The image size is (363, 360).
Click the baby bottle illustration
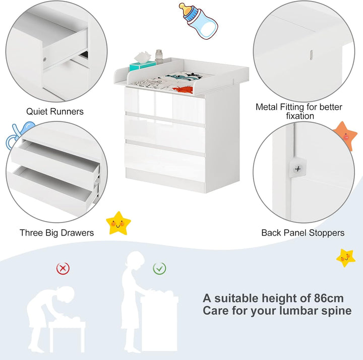pos(199,21)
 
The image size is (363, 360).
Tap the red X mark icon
pos(63,268)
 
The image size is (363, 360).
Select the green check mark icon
pos(159,268)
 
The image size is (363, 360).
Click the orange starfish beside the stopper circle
pos(345,136)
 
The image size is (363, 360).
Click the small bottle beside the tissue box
pos(159,56)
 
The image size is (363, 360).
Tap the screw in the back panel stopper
pos(298,169)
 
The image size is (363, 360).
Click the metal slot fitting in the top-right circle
pos(312,55)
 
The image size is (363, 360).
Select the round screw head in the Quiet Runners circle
pos(45,59)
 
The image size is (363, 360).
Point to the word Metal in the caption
pos(267,107)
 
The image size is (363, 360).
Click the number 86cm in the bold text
pos(329,298)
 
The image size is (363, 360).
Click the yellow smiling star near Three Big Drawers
pos(118,223)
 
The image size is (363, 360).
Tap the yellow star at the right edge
pos(346,258)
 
